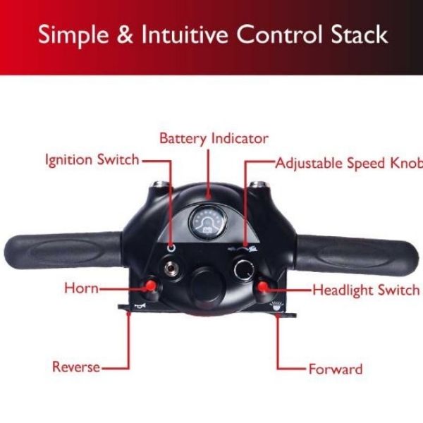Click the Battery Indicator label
click(214, 137)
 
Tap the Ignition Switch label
click(92, 159)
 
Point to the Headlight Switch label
click(366, 290)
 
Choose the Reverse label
click(75, 367)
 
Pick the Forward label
click(336, 369)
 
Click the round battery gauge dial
click(209, 222)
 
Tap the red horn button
click(150, 286)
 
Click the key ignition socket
click(170, 268)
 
